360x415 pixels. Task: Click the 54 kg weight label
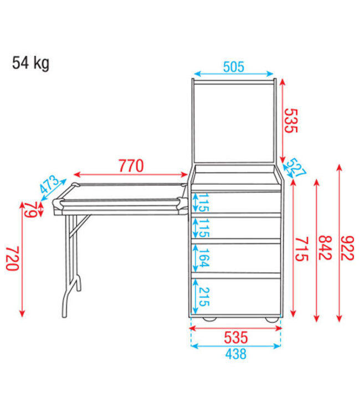(31, 64)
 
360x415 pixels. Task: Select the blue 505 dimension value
(234, 67)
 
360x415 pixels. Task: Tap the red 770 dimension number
(131, 165)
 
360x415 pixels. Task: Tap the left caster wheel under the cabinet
(209, 319)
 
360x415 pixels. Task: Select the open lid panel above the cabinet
(234, 122)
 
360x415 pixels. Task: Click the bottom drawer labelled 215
(244, 294)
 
